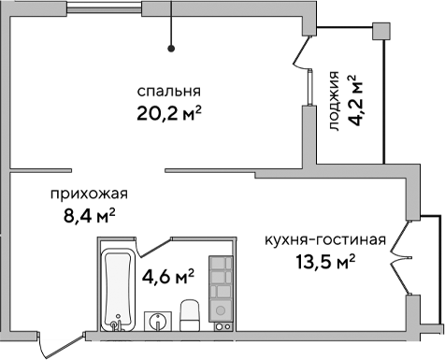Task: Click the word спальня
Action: click(x=169, y=92)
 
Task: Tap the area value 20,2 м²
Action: click(x=169, y=114)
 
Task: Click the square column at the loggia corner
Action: click(x=380, y=30)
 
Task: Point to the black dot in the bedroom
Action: click(x=171, y=49)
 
